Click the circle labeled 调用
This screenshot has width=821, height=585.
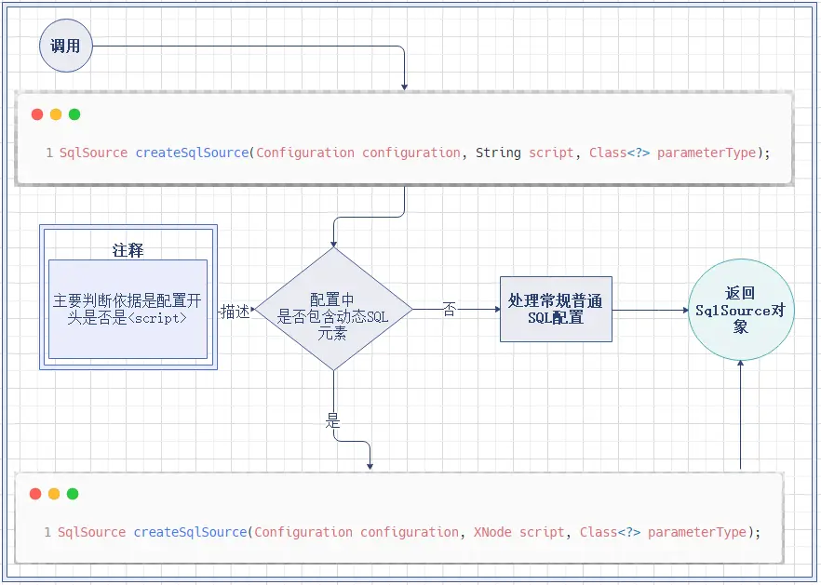tap(66, 46)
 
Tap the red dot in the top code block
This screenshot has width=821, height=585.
tap(37, 114)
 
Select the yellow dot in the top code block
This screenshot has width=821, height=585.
tap(56, 114)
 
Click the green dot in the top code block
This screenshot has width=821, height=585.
tap(74, 114)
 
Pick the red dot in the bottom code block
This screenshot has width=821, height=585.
tap(35, 494)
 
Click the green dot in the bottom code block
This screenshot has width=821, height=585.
tap(73, 494)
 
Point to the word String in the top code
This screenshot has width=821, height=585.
tap(498, 153)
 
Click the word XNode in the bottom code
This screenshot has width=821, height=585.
tap(492, 532)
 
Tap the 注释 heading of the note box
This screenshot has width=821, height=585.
tap(128, 251)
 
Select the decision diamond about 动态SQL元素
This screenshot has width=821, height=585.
tap(333, 309)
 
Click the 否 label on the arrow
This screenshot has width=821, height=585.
tap(450, 310)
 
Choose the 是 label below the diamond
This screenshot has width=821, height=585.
tap(333, 420)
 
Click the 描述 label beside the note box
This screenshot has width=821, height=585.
tap(235, 312)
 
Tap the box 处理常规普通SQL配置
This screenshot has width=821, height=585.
tap(556, 310)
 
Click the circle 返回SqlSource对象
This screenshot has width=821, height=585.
tap(741, 310)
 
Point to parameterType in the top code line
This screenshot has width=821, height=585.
tap(707, 153)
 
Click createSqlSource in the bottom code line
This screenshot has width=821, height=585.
tap(191, 532)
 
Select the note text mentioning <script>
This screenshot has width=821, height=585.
tap(128, 309)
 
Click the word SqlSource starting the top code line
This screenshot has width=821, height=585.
tap(93, 153)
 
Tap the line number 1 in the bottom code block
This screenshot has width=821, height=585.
tap(47, 532)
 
